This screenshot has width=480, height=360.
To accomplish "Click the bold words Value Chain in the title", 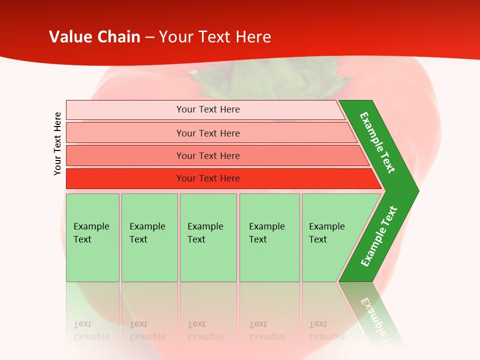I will (x=94, y=37).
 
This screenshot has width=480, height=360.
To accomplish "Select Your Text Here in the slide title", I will (x=215, y=37).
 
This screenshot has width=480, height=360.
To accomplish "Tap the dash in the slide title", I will (x=149, y=37).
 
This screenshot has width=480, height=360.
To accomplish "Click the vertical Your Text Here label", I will (x=58, y=143).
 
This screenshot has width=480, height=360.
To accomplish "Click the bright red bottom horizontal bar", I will (x=125, y=178).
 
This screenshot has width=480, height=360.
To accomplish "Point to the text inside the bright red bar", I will (x=208, y=178).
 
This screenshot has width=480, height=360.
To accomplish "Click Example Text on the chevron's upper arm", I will (x=377, y=142).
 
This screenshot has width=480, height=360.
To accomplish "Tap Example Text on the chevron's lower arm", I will (x=379, y=236).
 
